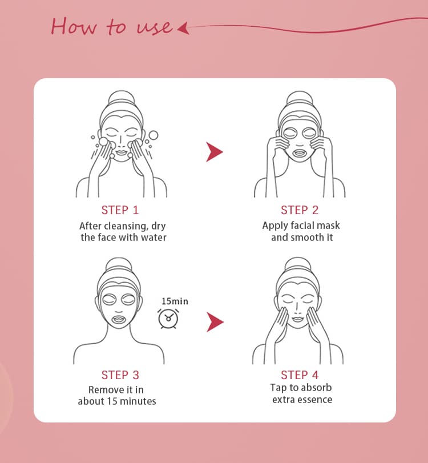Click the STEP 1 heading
(x=120, y=210)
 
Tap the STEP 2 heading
(x=300, y=210)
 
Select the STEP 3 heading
(x=120, y=375)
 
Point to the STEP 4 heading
(x=300, y=375)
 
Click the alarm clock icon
(x=168, y=319)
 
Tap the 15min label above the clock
(x=175, y=301)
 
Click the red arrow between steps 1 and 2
(x=215, y=152)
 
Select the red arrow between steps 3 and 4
(x=215, y=322)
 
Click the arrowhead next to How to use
(x=183, y=29)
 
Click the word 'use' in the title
(x=154, y=28)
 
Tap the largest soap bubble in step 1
(x=153, y=135)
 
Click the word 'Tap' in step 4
(x=277, y=388)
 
